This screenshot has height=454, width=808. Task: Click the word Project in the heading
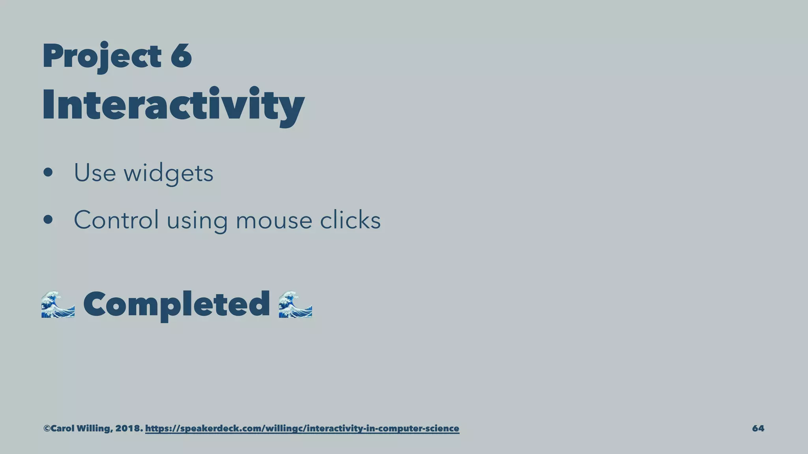pyautogui.click(x=101, y=56)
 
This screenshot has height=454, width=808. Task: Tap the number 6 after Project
pyautogui.click(x=181, y=56)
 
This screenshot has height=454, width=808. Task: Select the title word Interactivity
pyautogui.click(x=173, y=105)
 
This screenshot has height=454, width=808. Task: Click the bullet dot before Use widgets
pyautogui.click(x=48, y=173)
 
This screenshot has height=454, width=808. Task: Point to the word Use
pyautogui.click(x=95, y=173)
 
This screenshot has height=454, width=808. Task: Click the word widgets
pyautogui.click(x=168, y=173)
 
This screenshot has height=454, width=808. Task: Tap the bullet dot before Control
pyautogui.click(x=48, y=220)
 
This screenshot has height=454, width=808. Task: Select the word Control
pyautogui.click(x=116, y=220)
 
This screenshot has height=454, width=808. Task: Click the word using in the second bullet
pyautogui.click(x=197, y=221)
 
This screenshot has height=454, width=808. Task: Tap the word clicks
pyautogui.click(x=350, y=220)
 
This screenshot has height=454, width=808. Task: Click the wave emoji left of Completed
pyautogui.click(x=58, y=304)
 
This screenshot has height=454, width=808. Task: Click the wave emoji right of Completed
pyautogui.click(x=295, y=304)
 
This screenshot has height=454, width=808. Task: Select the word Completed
pyautogui.click(x=176, y=304)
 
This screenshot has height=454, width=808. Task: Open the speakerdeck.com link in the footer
pyautogui.click(x=302, y=428)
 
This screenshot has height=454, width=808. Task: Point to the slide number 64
pyautogui.click(x=758, y=428)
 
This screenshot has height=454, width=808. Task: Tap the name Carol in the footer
pyautogui.click(x=62, y=428)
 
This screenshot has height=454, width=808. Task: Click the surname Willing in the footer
pyautogui.click(x=93, y=428)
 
